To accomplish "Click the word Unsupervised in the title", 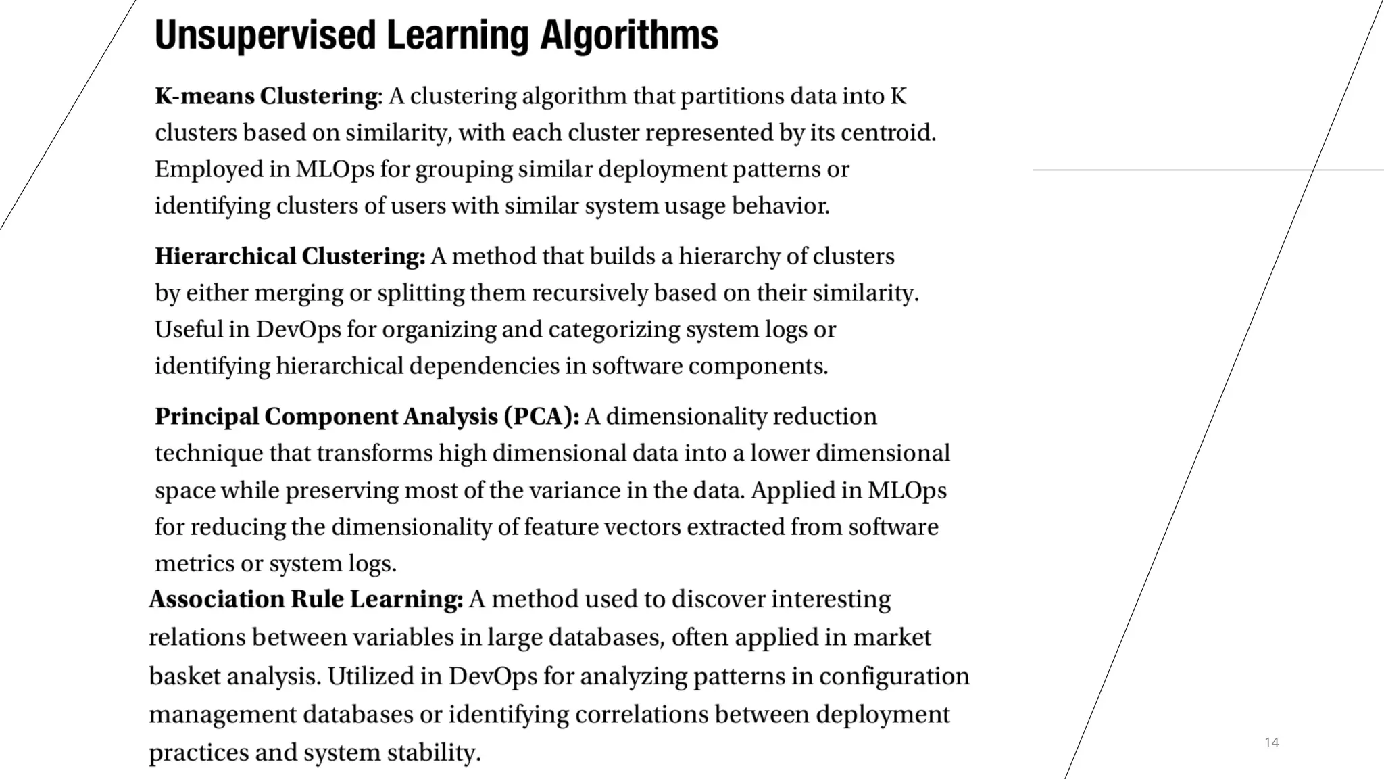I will pos(265,35).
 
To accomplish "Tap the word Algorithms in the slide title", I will pos(628,35).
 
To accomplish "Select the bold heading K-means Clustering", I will pos(268,97).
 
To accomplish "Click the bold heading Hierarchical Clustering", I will pos(290,257).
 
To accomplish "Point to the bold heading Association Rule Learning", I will pos(305,600).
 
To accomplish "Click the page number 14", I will pos(1271,742).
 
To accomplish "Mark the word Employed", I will pos(209,170).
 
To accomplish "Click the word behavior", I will pos(781,206).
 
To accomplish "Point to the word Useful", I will pos(189,330).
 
